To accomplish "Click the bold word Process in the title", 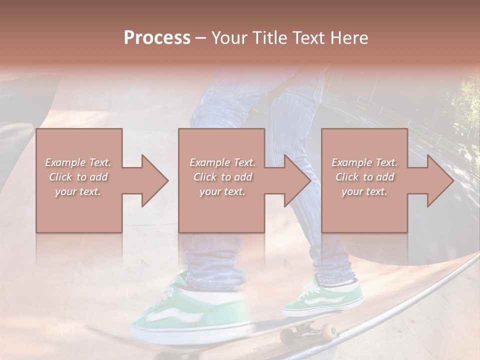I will tap(157, 37).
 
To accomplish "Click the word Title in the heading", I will tap(267, 37).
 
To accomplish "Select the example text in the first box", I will tap(78, 177).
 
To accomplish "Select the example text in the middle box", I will tap(222, 177).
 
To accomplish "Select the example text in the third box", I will tap(364, 177).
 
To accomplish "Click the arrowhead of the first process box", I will tap(153, 180).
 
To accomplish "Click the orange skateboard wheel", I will tap(328, 331).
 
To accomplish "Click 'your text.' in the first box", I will tap(78, 191).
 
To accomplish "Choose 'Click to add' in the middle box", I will tap(222, 177).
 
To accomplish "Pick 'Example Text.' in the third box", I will tap(364, 162).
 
